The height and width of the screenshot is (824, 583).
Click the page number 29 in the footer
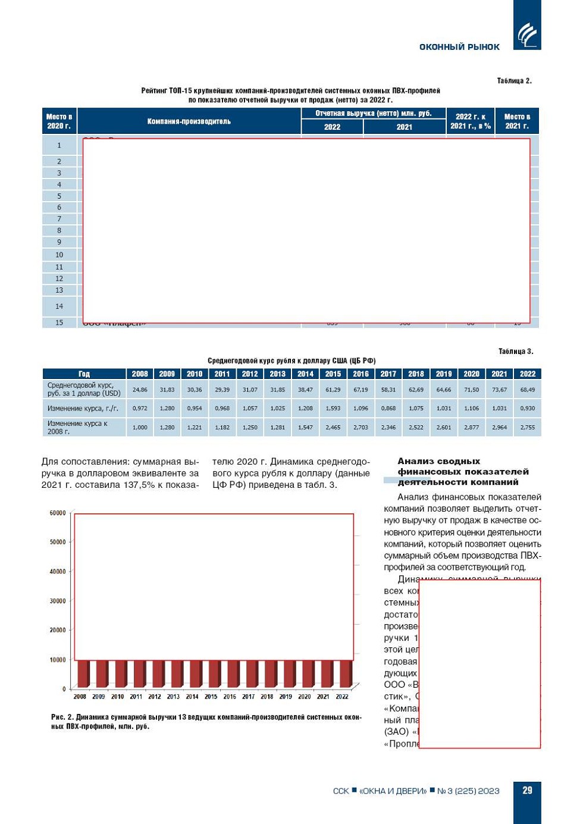pyautogui.click(x=527, y=790)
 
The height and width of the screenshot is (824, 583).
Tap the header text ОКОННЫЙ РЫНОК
pyautogui.click(x=459, y=47)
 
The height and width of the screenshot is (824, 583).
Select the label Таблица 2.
pyautogui.click(x=514, y=81)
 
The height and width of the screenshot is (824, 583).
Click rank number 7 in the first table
pyautogui.click(x=59, y=219)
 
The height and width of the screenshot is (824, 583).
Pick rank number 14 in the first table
pyautogui.click(x=59, y=306)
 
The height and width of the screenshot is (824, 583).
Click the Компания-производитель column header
pyautogui.click(x=189, y=121)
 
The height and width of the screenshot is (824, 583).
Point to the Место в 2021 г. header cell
pyautogui.click(x=516, y=121)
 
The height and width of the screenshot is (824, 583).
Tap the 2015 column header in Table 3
pyautogui.click(x=333, y=374)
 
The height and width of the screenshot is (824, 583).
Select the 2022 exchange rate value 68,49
pyautogui.click(x=527, y=390)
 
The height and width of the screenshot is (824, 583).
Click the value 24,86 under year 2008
pyautogui.click(x=140, y=390)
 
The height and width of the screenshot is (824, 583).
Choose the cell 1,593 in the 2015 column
pyautogui.click(x=333, y=409)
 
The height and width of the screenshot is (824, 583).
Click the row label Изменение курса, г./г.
pyautogui.click(x=83, y=409)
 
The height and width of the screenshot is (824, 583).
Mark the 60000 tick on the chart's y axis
pyautogui.click(x=58, y=513)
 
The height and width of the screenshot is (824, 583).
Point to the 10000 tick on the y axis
pyautogui.click(x=58, y=660)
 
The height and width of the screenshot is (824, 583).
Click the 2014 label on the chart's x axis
pyautogui.click(x=192, y=697)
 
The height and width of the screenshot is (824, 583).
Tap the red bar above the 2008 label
pyautogui.click(x=82, y=673)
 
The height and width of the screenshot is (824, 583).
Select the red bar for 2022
pyautogui.click(x=344, y=673)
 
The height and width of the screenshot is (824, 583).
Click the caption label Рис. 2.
pyautogui.click(x=62, y=717)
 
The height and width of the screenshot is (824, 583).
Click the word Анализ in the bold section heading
pyautogui.click(x=417, y=461)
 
